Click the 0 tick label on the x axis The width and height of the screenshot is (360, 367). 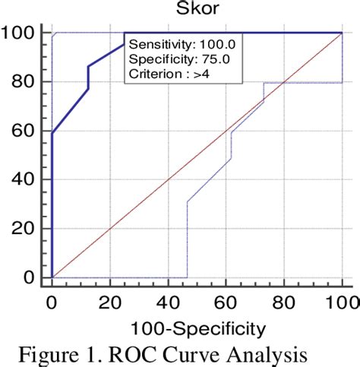52,302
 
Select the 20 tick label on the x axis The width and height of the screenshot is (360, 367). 110,302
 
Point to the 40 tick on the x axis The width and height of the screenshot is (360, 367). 168,302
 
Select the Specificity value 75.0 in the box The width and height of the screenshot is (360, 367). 212,60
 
